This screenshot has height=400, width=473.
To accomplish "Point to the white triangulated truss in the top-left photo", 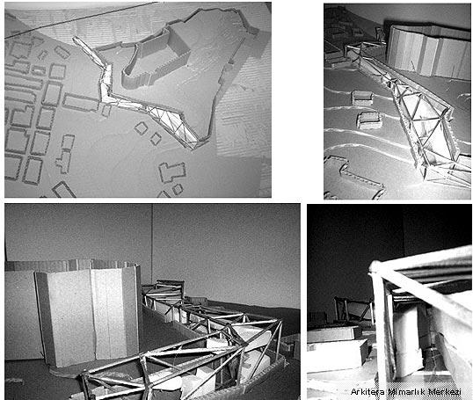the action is pyautogui.click(x=172, y=124).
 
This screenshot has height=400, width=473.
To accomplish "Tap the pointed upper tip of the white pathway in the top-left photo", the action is pyautogui.click(x=74, y=39).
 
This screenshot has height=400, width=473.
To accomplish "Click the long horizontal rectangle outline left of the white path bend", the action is pyautogui.click(x=81, y=103).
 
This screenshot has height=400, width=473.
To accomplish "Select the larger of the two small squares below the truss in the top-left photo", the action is pyautogui.click(x=141, y=128).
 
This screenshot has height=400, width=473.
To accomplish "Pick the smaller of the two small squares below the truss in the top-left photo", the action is pyautogui.click(x=156, y=139).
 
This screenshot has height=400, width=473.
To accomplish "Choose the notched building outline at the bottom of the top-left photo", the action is pyautogui.click(x=172, y=171).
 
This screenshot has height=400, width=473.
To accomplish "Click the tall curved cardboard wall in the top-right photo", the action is pyautogui.click(x=428, y=51).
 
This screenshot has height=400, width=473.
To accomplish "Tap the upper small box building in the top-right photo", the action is pyautogui.click(x=362, y=98).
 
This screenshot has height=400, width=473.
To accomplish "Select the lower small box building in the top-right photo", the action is pyautogui.click(x=369, y=120).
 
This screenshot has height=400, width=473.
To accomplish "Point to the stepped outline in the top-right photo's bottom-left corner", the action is pyautogui.click(x=353, y=178).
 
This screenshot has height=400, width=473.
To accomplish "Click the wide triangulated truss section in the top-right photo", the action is pyautogui.click(x=422, y=127).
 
